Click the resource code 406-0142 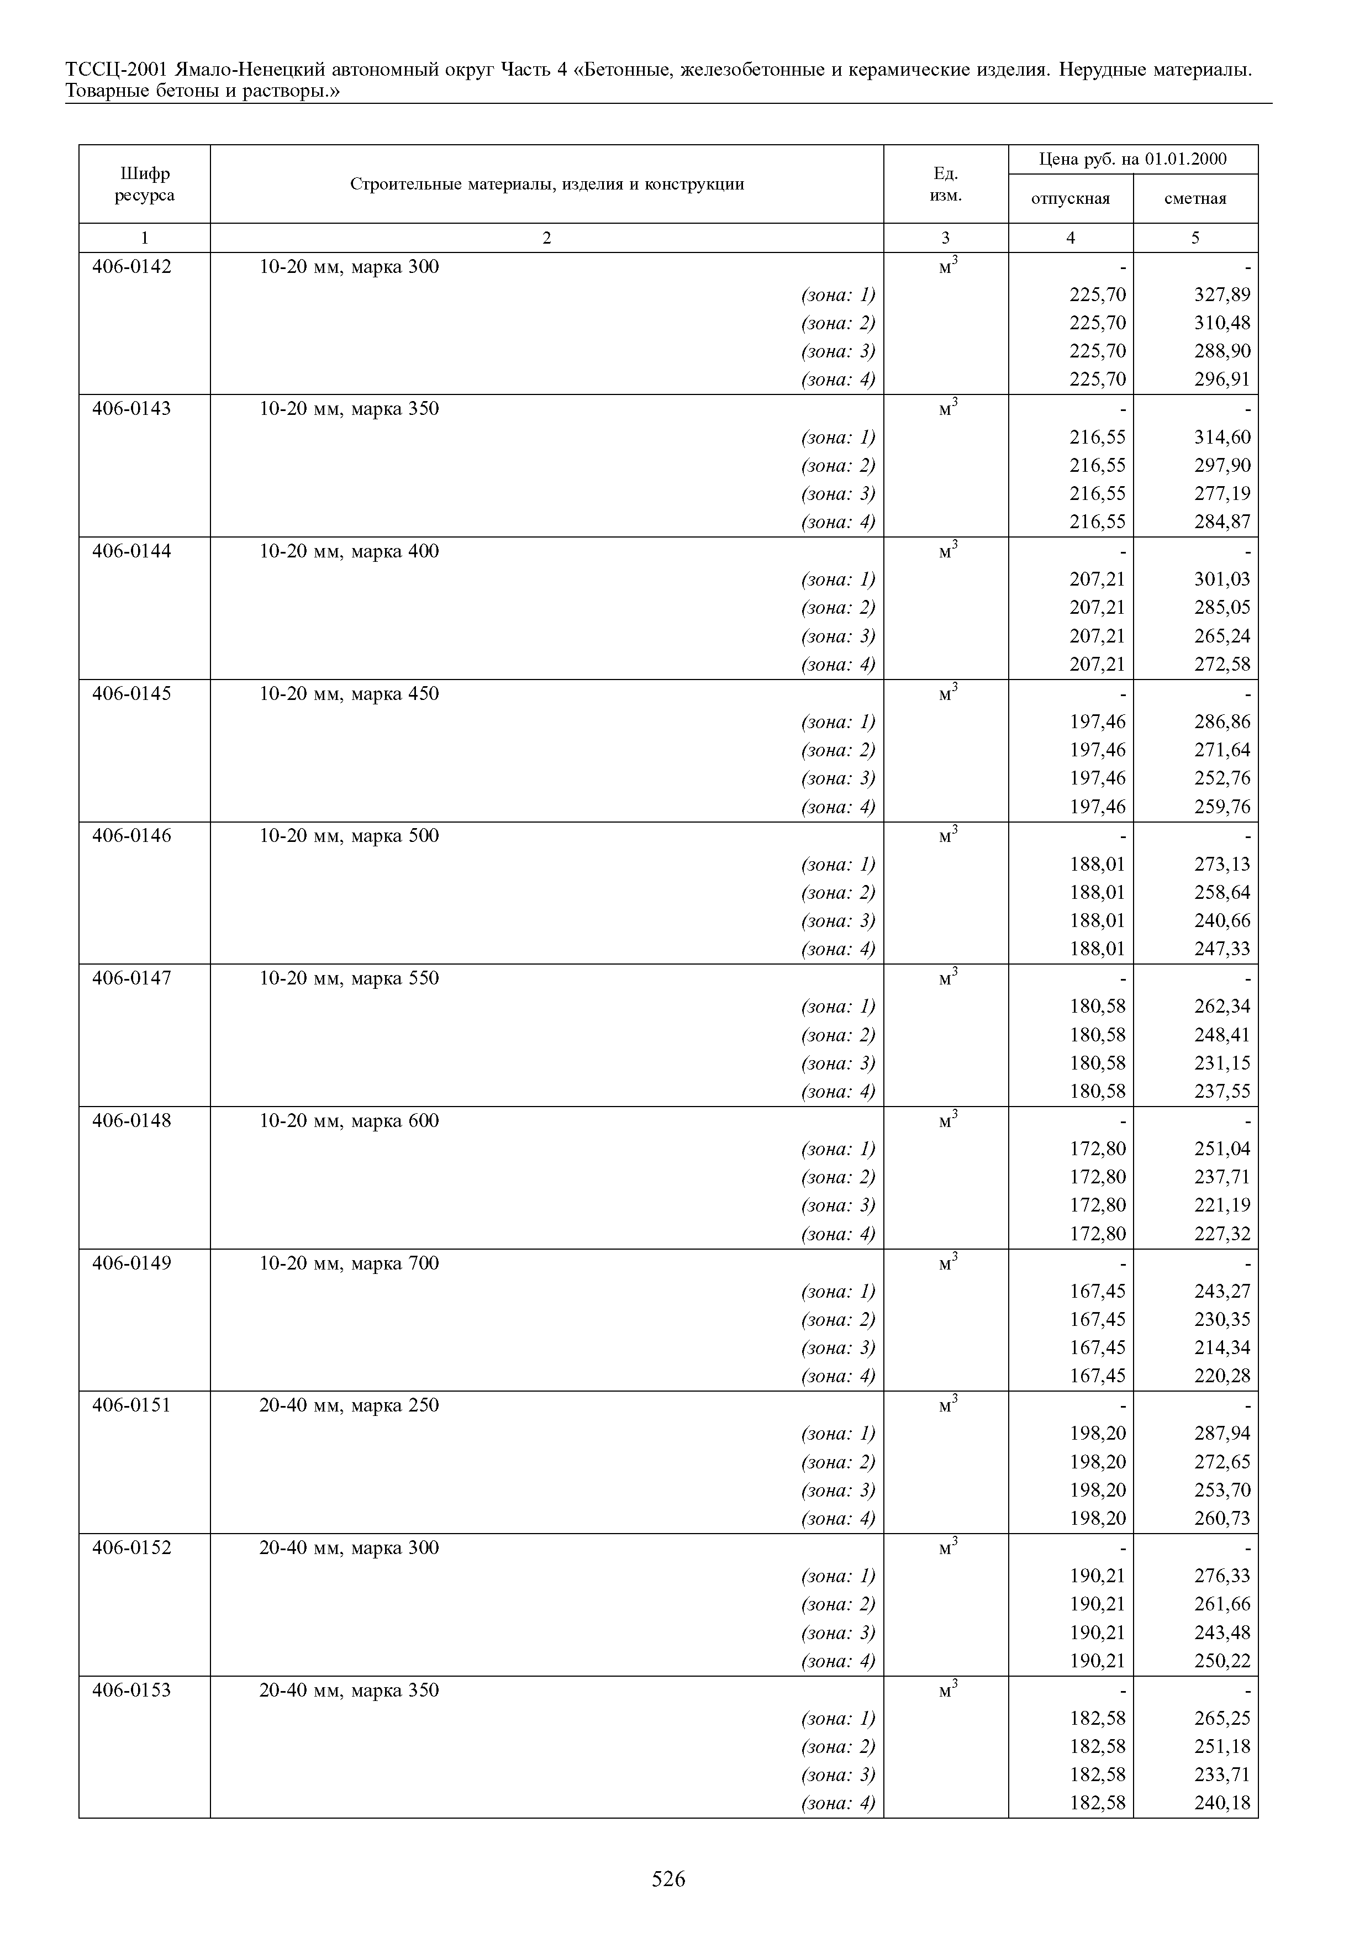point(131,267)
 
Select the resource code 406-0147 point(131,978)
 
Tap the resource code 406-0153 point(131,1690)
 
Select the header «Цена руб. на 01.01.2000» point(1133,159)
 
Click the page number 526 point(668,1879)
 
